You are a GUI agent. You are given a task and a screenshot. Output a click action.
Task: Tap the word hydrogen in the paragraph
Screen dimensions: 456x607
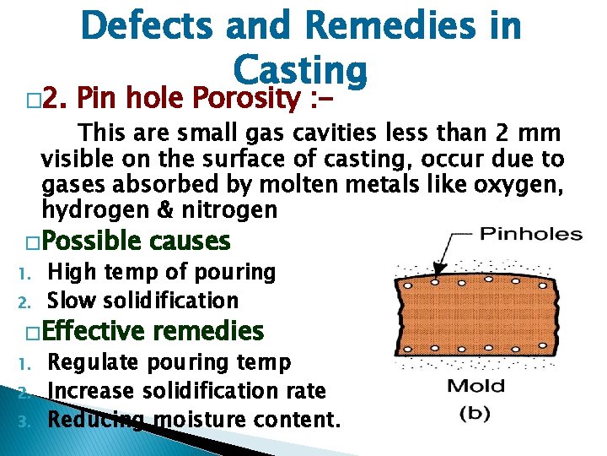tap(83, 209)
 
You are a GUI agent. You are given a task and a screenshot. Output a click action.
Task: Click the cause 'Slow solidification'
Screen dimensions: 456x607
tap(142, 300)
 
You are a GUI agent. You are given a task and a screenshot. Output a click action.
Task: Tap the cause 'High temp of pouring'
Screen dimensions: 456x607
tap(162, 272)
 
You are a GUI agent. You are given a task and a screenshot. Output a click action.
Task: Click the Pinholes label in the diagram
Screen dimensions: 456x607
tap(530, 234)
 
